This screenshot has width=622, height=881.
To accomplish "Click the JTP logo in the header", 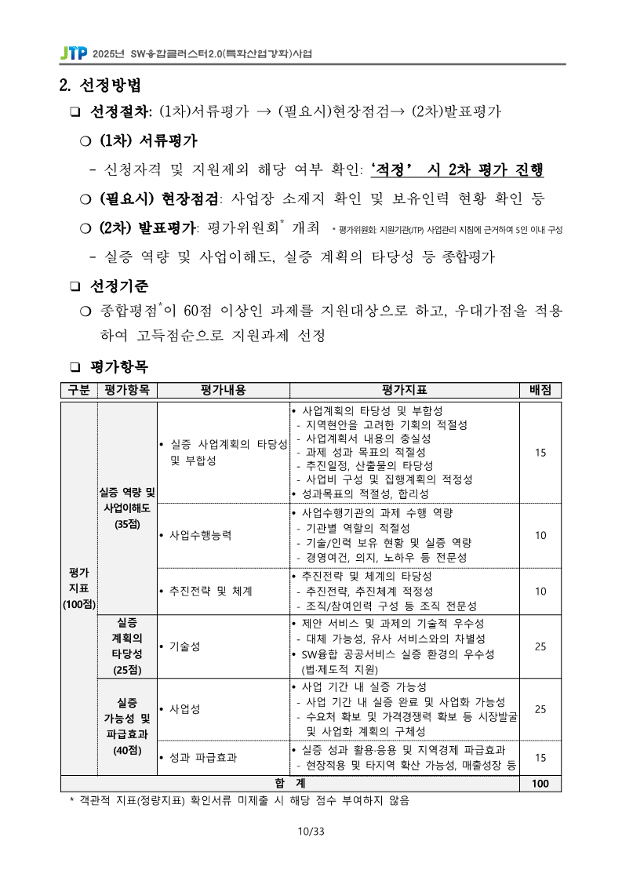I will coord(74,54).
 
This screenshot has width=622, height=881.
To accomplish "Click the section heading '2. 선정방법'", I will coord(100,84).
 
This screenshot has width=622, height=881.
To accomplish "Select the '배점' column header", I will coord(540,390).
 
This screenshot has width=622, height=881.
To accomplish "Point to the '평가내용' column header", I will coord(224,390).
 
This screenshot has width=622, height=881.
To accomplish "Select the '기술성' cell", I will coord(184,646).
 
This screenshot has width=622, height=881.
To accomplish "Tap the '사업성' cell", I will coord(184,708).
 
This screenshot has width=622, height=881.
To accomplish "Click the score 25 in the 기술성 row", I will coord(540,646).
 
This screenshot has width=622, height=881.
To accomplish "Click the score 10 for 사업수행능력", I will coord(540,535).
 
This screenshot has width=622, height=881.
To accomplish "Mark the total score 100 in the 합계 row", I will coord(540,783).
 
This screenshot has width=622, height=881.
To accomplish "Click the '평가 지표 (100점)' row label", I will coord(78,588).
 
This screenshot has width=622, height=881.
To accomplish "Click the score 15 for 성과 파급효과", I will coord(540,758).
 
